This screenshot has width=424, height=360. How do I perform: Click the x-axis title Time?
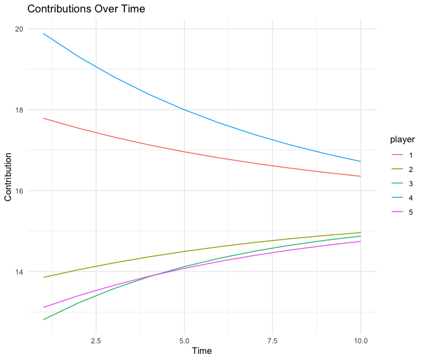pyautogui.click(x=202, y=351)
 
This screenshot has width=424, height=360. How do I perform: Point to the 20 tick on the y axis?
pyautogui.click(x=19, y=29)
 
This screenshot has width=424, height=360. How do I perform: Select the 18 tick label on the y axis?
pyautogui.click(x=19, y=110)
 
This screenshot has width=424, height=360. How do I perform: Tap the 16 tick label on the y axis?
pyautogui.click(x=19, y=191)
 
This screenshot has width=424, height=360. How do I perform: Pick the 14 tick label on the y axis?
pyautogui.click(x=19, y=272)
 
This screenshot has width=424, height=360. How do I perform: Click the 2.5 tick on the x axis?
pyautogui.click(x=96, y=341)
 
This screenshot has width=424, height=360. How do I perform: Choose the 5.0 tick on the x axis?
pyautogui.click(x=184, y=341)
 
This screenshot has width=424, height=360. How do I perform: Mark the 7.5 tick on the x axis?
pyautogui.click(x=272, y=341)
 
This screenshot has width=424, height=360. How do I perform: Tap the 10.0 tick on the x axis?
pyautogui.click(x=360, y=341)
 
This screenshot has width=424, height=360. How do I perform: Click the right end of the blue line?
pyautogui.click(x=360, y=161)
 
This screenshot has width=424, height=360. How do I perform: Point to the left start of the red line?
pyautogui.click(x=43, y=118)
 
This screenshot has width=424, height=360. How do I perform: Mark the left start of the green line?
pyautogui.click(x=43, y=320)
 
